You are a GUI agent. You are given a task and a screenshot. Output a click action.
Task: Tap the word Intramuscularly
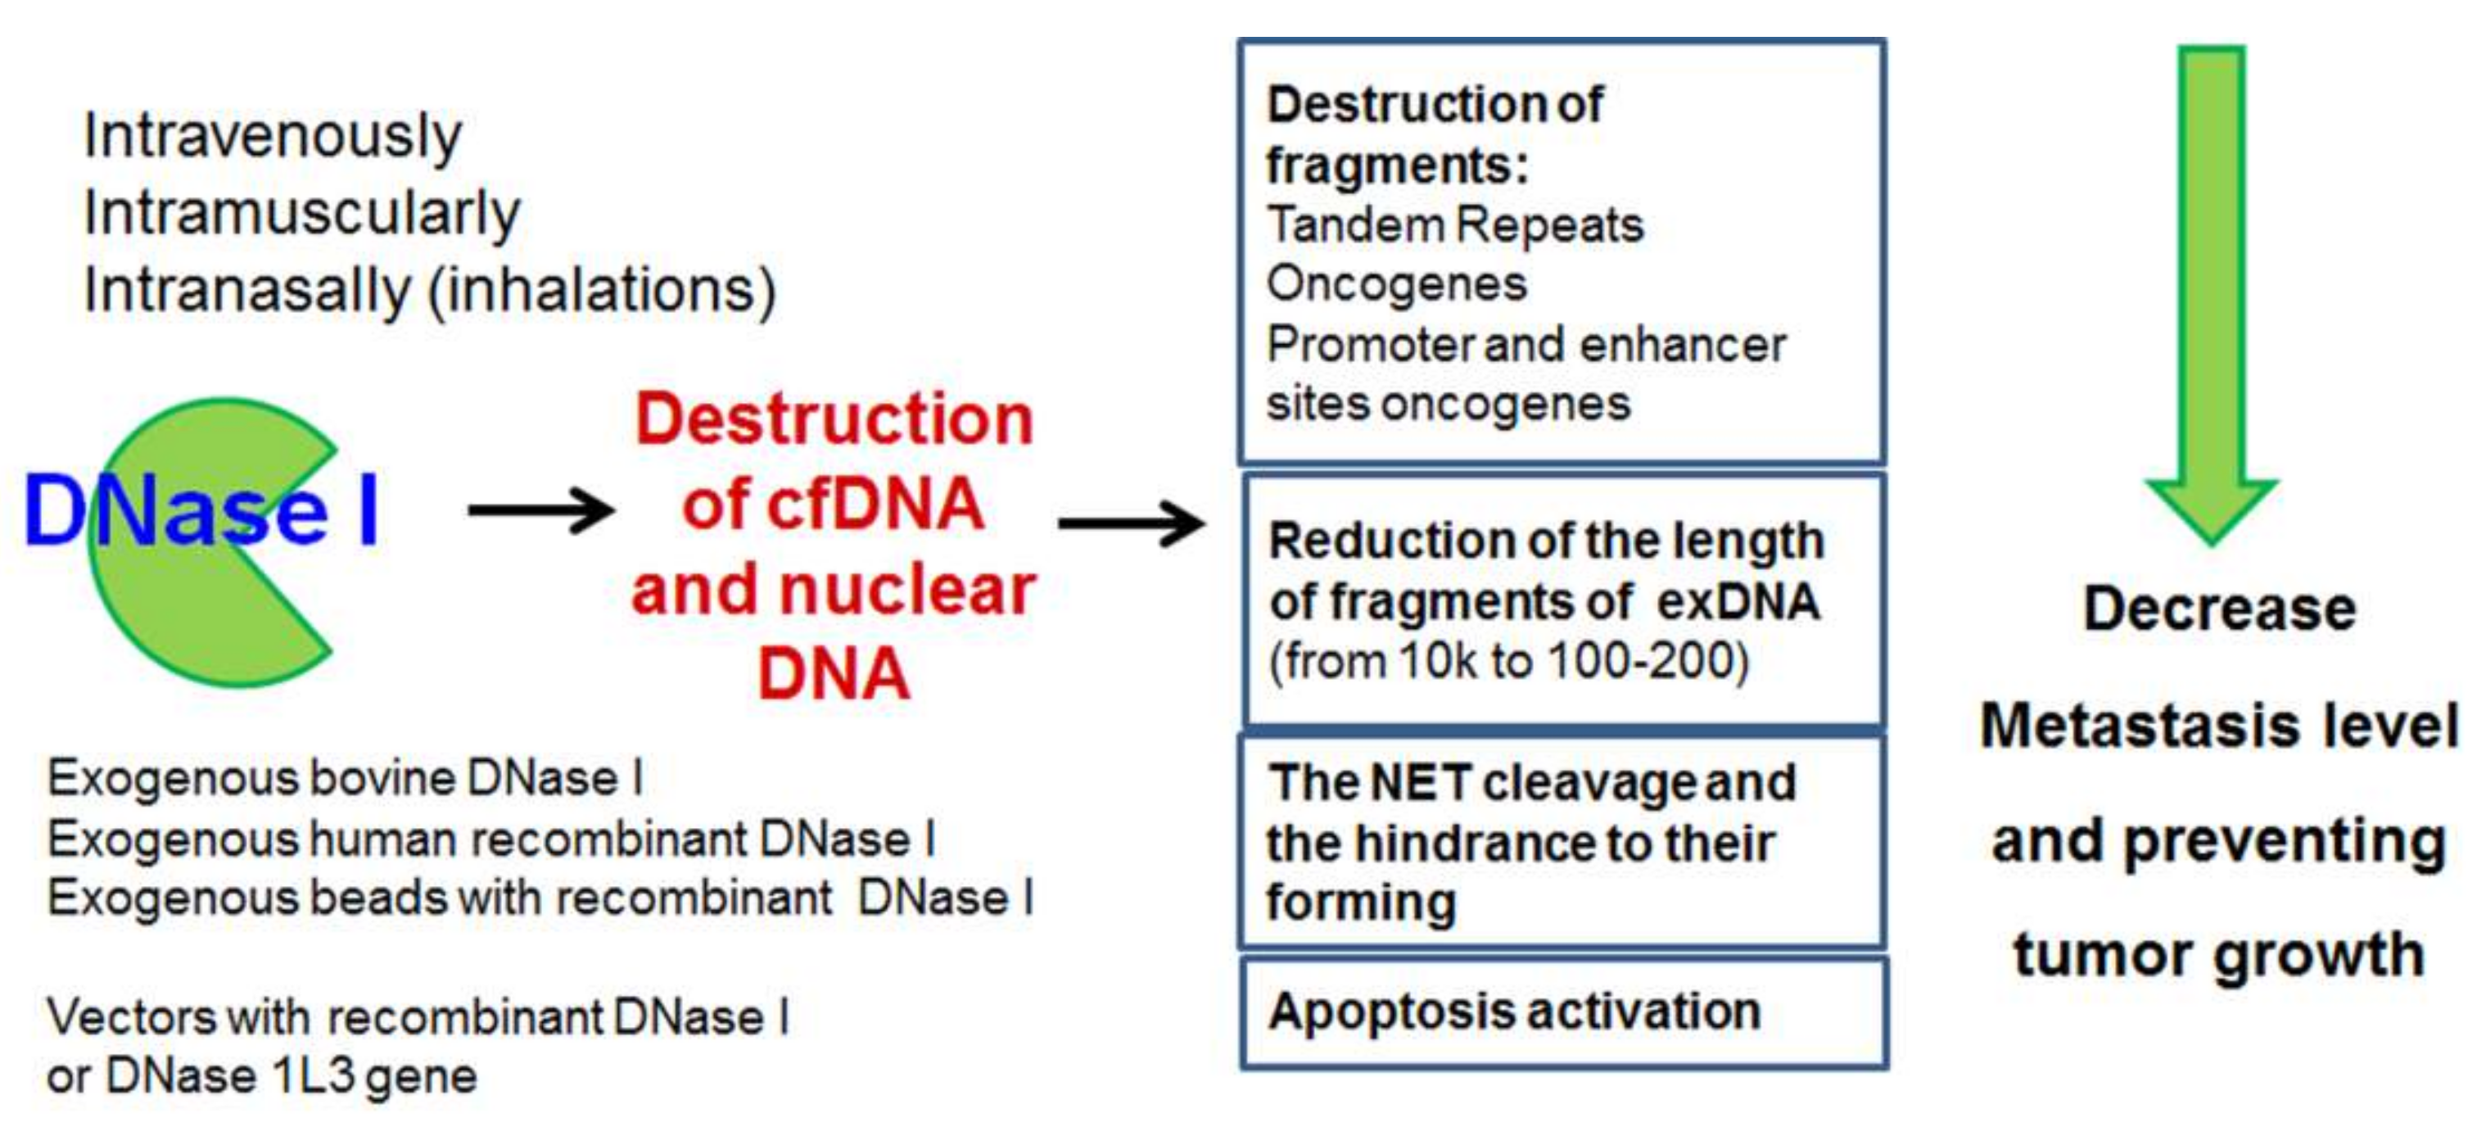(x=302, y=215)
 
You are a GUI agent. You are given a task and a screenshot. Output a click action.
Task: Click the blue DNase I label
(x=201, y=509)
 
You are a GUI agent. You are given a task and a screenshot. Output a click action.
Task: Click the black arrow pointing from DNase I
(x=540, y=509)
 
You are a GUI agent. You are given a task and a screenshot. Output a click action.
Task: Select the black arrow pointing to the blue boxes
(x=1131, y=523)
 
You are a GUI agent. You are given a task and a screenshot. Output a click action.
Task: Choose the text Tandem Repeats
(x=1454, y=224)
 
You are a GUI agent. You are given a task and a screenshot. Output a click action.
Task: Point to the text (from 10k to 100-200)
(x=1508, y=663)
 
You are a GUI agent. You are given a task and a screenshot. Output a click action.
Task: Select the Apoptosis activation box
(x=1563, y=1013)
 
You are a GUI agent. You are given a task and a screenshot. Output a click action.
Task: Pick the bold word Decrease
(x=2220, y=610)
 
